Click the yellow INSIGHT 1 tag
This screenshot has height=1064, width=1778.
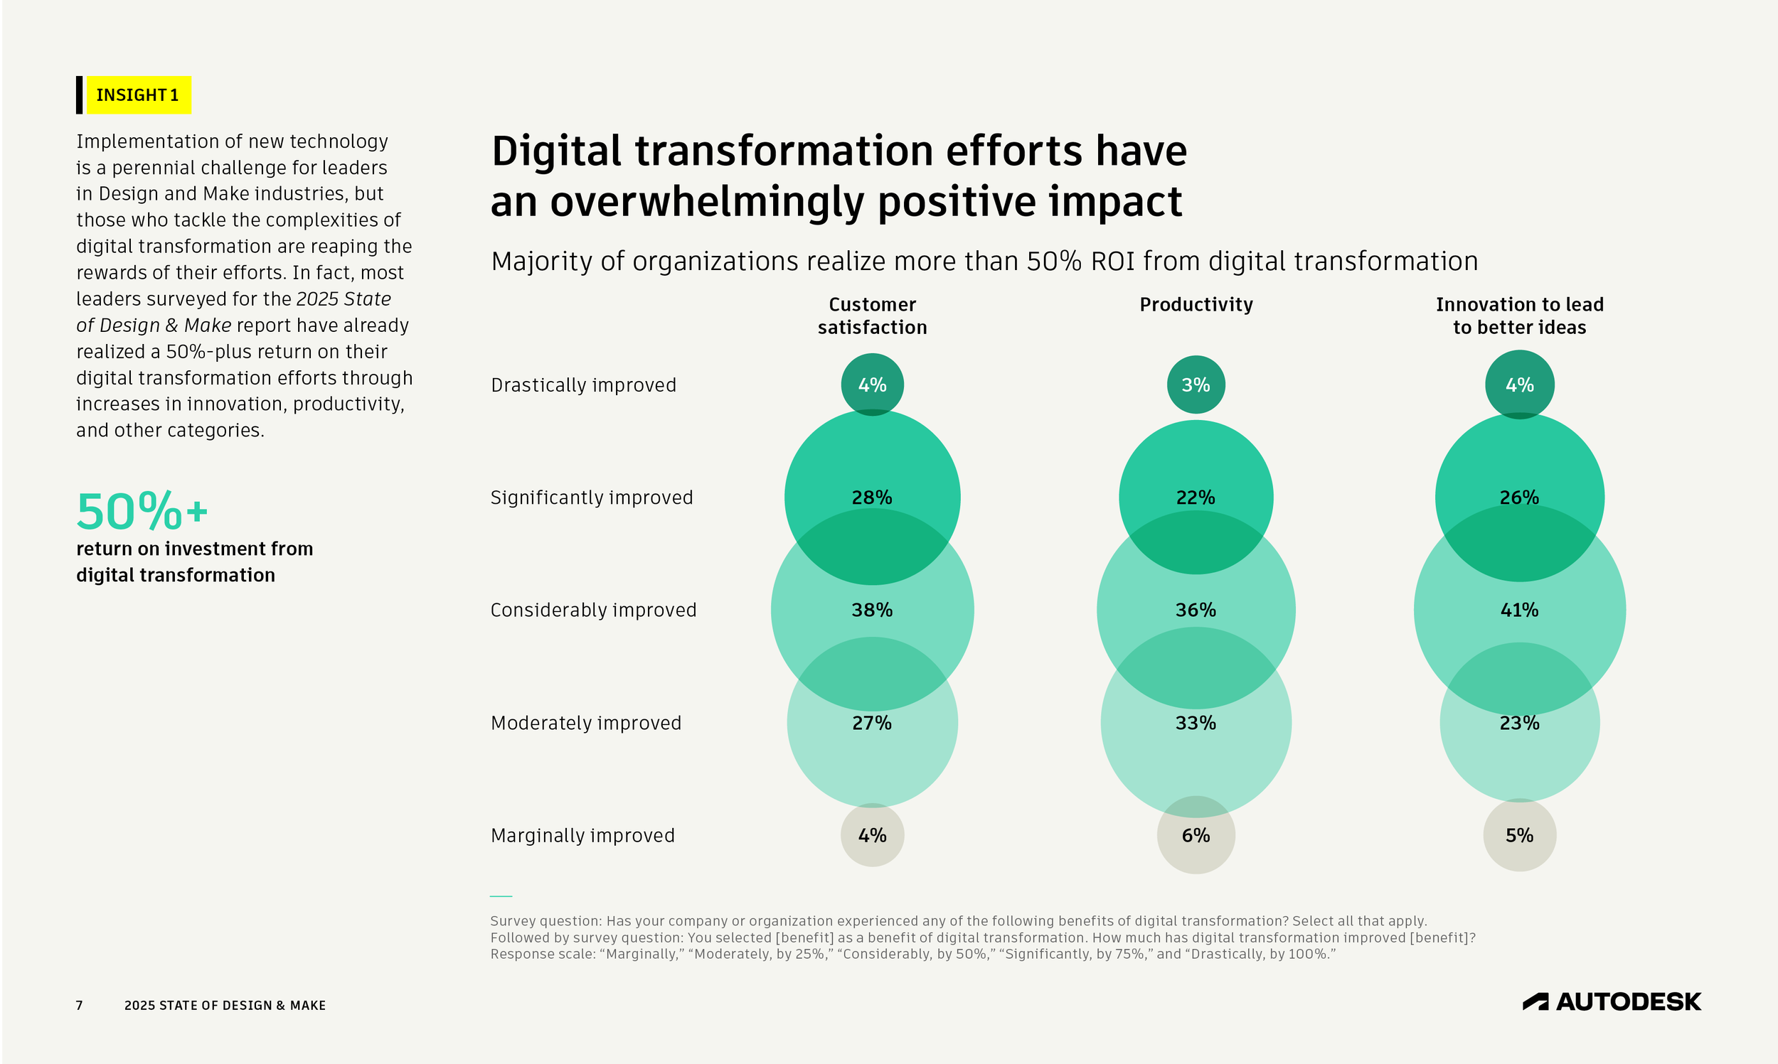(x=138, y=95)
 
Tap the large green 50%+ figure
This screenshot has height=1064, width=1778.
(x=142, y=511)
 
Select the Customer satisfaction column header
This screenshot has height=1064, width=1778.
(x=872, y=316)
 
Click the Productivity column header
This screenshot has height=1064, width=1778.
(x=1196, y=305)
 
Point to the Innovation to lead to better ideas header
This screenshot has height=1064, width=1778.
(x=1519, y=316)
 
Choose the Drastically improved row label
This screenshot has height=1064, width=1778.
(x=583, y=385)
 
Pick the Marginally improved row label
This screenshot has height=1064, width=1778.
(x=582, y=835)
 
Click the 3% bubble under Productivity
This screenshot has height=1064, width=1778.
(x=1196, y=385)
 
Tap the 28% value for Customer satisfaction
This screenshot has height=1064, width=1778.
(x=872, y=498)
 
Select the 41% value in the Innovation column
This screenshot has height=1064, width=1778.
(x=1519, y=610)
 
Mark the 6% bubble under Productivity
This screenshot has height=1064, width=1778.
(x=1196, y=835)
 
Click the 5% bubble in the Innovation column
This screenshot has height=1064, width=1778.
(x=1519, y=835)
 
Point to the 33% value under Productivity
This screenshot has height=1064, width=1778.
(x=1196, y=723)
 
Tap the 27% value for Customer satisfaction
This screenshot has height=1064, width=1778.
(x=872, y=723)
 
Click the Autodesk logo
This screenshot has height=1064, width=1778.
(x=1611, y=1001)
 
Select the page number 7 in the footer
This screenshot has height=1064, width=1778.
(x=80, y=1005)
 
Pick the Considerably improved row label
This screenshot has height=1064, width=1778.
(x=593, y=610)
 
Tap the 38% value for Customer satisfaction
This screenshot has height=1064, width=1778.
(x=872, y=610)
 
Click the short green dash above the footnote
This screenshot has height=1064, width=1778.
(x=501, y=896)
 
